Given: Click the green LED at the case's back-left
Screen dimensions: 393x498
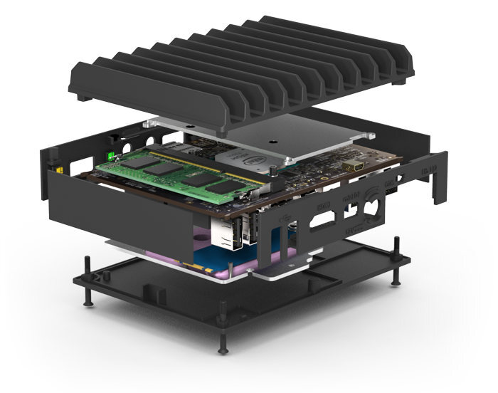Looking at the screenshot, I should coord(110,155).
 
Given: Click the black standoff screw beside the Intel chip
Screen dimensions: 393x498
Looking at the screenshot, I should coord(273,172).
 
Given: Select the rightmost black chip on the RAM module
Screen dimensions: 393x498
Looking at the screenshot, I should coord(226,187).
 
